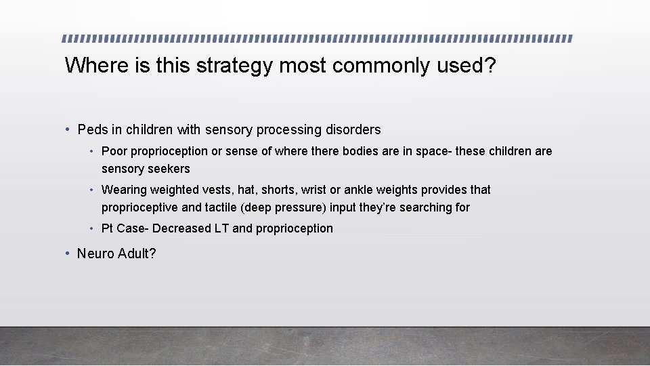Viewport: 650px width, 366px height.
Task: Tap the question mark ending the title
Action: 490,66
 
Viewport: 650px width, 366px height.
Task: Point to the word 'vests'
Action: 216,190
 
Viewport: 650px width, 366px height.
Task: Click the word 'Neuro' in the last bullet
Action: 95,254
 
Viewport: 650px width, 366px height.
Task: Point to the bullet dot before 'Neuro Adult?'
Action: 68,254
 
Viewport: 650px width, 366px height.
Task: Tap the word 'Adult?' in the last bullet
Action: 136,254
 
